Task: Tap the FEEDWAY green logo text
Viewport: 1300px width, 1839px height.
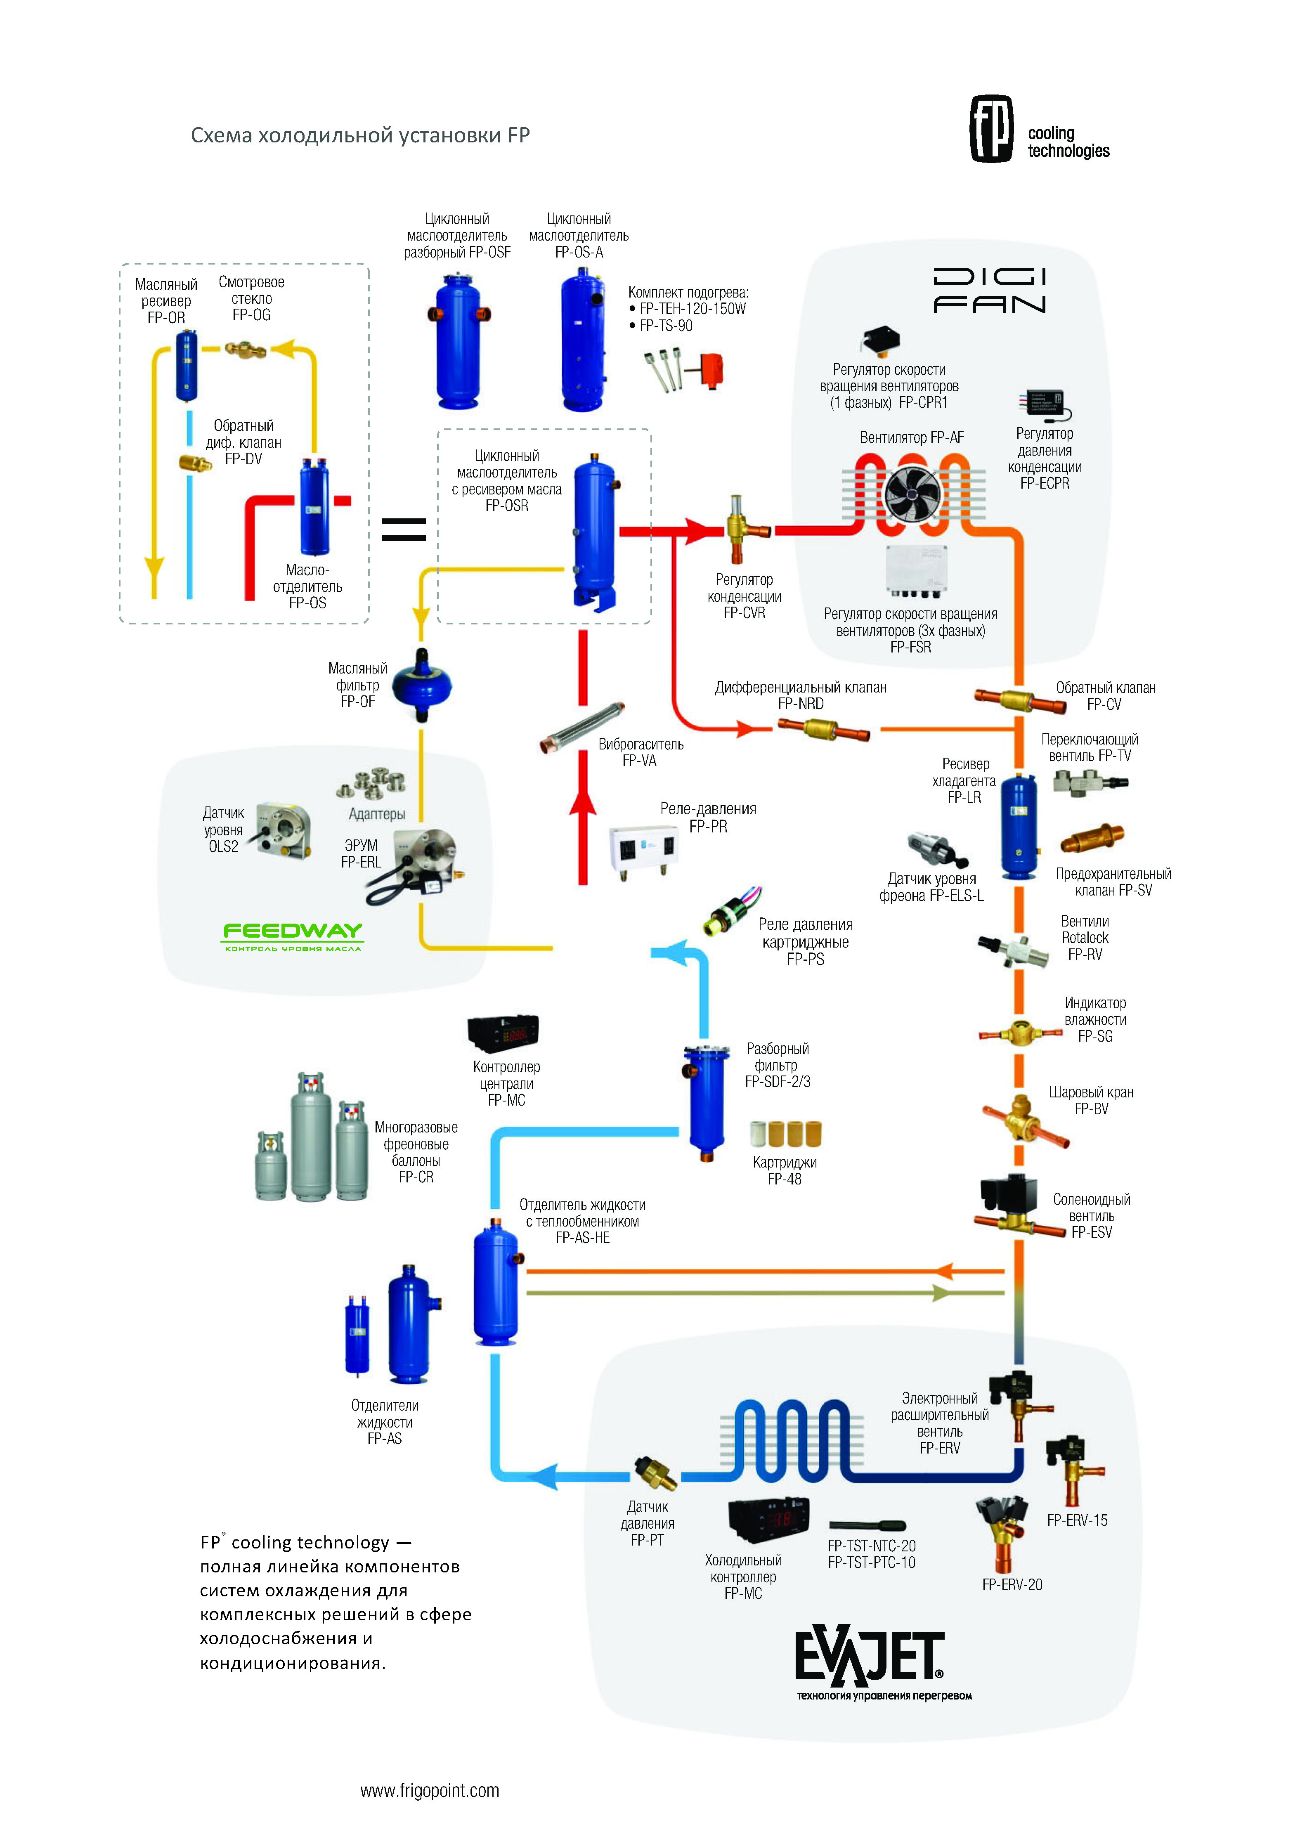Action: click(292, 931)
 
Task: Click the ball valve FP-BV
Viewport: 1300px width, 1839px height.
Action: click(1024, 1120)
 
